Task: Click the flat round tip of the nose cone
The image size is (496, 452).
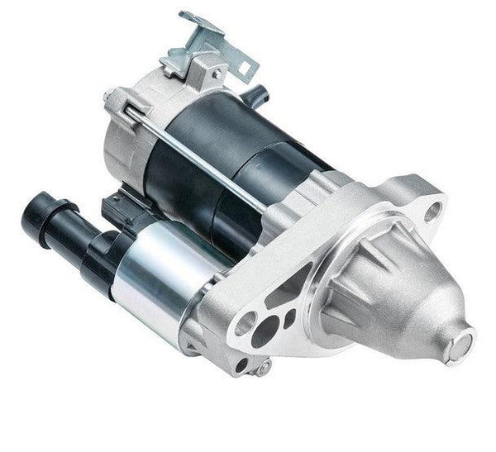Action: click(x=460, y=340)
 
